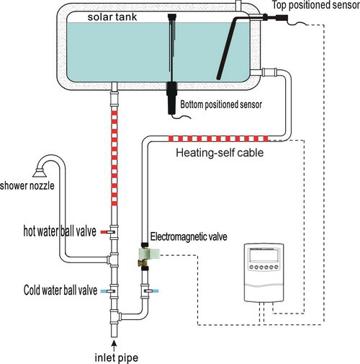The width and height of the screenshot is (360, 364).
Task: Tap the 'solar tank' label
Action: pos(112,17)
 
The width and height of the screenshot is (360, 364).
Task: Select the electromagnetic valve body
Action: pos(149,253)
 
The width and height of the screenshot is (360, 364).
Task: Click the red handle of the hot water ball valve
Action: pos(104,232)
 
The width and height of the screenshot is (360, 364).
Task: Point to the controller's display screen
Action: pos(264,255)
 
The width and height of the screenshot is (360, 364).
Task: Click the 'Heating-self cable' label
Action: pos(220,153)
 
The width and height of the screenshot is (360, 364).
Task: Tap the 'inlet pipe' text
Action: pos(117,358)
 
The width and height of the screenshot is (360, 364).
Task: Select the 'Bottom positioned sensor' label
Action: pos(221,105)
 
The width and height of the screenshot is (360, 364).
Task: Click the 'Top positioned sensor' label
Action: pos(316,5)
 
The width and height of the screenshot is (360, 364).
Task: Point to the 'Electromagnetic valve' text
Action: pos(189,236)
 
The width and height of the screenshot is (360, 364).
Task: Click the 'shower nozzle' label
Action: pos(27,186)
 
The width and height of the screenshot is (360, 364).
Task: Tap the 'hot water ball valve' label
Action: pos(60,231)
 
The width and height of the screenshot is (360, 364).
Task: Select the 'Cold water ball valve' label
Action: pos(60,290)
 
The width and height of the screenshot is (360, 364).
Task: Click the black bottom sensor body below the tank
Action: pos(172,98)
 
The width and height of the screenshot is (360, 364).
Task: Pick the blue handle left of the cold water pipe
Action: pos(104,291)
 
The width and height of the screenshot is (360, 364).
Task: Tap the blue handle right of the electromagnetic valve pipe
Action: pos(155,291)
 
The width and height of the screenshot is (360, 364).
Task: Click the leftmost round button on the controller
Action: pos(251,267)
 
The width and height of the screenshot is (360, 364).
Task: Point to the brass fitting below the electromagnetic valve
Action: pos(144,262)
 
